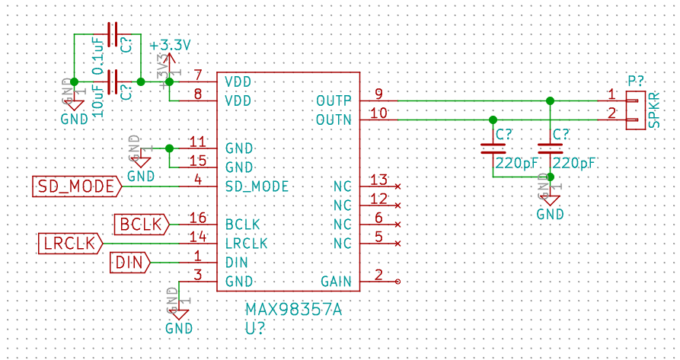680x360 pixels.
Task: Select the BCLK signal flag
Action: (x=141, y=225)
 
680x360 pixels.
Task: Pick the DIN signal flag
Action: (x=130, y=263)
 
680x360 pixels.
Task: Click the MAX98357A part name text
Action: (x=293, y=310)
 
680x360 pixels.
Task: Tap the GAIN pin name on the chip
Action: (x=336, y=282)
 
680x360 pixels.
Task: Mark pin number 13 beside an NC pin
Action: (x=378, y=180)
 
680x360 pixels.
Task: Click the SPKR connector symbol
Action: (x=635, y=110)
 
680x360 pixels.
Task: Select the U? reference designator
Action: (x=256, y=329)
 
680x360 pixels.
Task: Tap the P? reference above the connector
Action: (x=636, y=81)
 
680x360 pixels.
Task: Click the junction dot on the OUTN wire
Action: (x=493, y=119)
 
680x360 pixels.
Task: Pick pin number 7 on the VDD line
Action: (x=198, y=75)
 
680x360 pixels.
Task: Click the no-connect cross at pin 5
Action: (x=397, y=244)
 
